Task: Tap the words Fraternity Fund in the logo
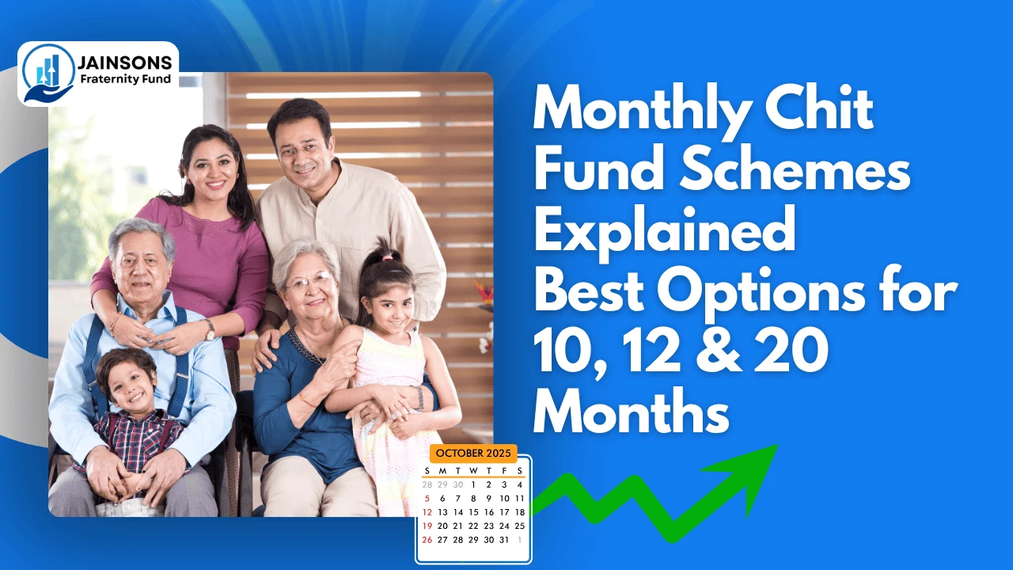(x=125, y=80)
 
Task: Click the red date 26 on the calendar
(x=427, y=540)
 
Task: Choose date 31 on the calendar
(x=504, y=540)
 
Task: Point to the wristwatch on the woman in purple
(x=209, y=329)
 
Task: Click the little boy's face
(x=127, y=383)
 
